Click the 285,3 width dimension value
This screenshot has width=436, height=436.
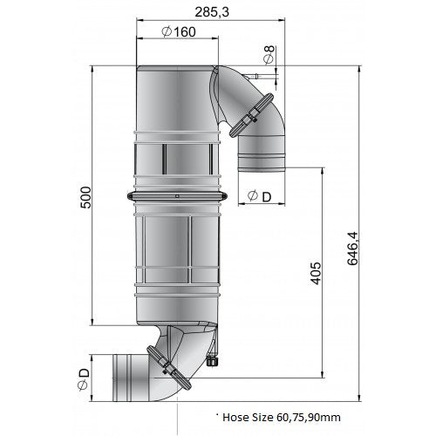pos(212,12)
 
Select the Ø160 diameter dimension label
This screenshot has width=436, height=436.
pos(179,31)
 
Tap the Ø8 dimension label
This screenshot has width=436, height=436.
pos(269,54)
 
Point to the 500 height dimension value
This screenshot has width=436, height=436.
pos(85,197)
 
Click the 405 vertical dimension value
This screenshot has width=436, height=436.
pos(316,273)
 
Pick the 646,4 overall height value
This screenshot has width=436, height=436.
pos(353,249)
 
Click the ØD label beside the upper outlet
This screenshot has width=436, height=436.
pos(259,196)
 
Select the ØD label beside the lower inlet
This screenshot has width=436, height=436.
pos(83,379)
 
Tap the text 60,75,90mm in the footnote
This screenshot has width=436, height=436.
pos(309,418)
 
